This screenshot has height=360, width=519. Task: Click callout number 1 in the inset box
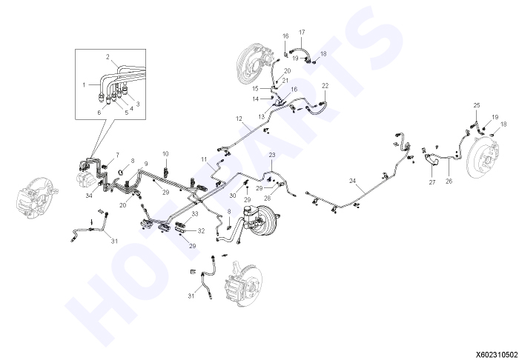pos(84,85)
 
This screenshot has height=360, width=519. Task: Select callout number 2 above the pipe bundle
pos(108,57)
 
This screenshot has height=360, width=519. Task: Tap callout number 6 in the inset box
pos(99,113)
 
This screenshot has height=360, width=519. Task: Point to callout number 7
pos(117,155)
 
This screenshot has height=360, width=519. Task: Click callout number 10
pos(165,154)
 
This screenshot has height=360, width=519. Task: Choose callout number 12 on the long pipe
pos(239,119)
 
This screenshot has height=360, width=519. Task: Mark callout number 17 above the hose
pos(302,33)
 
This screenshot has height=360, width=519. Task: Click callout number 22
pos(325,86)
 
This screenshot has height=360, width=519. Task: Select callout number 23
pos(272,155)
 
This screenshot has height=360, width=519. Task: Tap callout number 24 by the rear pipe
pos(352,181)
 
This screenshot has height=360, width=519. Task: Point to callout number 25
pos(477,105)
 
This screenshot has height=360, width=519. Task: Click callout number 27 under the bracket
pos(432,181)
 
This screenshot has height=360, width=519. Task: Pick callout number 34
pos(89,196)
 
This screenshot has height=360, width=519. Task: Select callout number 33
pos(194,214)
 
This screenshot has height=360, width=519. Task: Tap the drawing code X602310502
pos(497,354)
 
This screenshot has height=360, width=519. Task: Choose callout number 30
pos(233,196)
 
